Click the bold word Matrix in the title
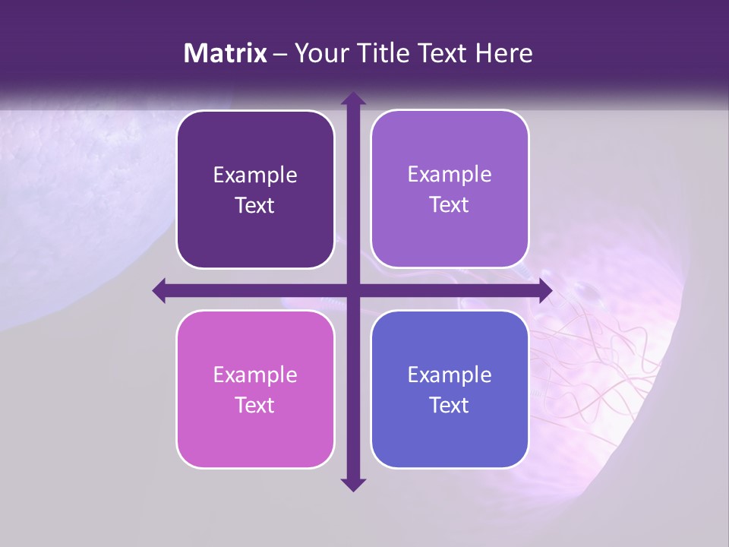point(226,53)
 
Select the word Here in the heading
point(503,53)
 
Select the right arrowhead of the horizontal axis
point(545,290)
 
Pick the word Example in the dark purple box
point(255,175)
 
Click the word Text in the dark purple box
point(255,206)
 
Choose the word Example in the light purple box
point(450,175)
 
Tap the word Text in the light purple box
point(450,205)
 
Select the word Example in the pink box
point(255,375)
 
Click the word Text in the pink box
point(255,406)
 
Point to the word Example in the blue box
point(450,375)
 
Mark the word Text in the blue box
point(450,406)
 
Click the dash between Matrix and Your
point(280,54)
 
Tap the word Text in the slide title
point(443,53)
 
